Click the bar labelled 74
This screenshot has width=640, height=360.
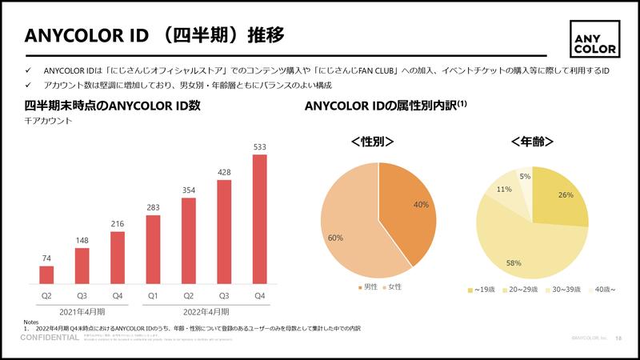[x=46, y=274]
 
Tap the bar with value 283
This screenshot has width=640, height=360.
[x=153, y=249]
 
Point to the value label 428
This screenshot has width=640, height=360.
[x=224, y=172]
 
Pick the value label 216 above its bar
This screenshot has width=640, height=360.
[x=118, y=224]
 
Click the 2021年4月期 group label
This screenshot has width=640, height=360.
[x=81, y=311]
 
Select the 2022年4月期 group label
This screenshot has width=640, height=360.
[x=206, y=311]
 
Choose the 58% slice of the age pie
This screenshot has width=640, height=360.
[x=528, y=248]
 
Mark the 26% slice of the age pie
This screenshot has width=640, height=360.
[x=560, y=200]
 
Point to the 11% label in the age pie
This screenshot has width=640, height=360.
[x=504, y=190]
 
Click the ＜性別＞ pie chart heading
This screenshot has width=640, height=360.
[x=373, y=142]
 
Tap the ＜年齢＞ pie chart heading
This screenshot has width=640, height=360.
[x=532, y=142]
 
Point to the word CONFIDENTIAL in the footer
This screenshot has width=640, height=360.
[x=50, y=338]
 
